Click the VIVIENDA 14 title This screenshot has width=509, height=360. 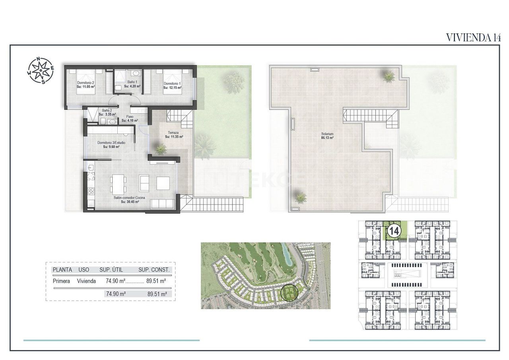pos(473,37)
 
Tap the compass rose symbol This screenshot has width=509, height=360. pos(41,71)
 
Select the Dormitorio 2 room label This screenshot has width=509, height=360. pos(86,85)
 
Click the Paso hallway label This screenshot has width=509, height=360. pos(130,119)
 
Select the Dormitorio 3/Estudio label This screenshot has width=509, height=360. pos(111,144)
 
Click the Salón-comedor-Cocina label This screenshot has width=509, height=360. pos(130,200)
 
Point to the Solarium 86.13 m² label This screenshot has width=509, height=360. pos(327,136)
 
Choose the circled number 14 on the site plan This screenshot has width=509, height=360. pos(394,231)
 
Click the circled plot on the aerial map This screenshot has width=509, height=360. pos(289,293)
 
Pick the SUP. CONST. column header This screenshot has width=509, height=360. pos(154,270)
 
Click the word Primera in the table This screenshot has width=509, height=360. pos(62,281)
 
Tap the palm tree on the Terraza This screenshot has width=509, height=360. pos(161,149)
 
